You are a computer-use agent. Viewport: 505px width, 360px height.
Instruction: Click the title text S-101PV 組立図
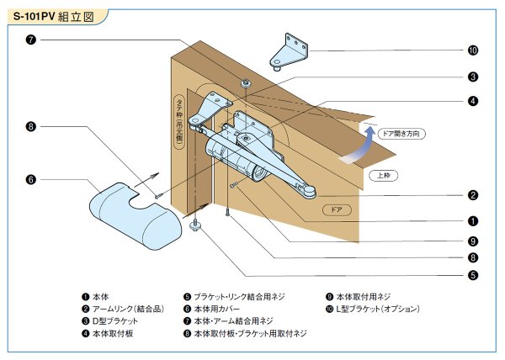point(52,17)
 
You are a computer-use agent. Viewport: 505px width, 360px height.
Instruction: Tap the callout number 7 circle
point(31,40)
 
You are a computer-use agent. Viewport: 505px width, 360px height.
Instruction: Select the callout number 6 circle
point(31,179)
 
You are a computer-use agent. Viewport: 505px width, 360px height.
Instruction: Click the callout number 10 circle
point(473,50)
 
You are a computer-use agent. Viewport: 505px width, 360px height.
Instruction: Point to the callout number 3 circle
point(473,77)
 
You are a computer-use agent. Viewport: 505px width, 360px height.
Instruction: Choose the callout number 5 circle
point(473,274)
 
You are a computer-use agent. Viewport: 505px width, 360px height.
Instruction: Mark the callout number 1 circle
point(473,221)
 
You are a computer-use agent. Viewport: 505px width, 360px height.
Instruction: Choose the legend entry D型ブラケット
point(113,321)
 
